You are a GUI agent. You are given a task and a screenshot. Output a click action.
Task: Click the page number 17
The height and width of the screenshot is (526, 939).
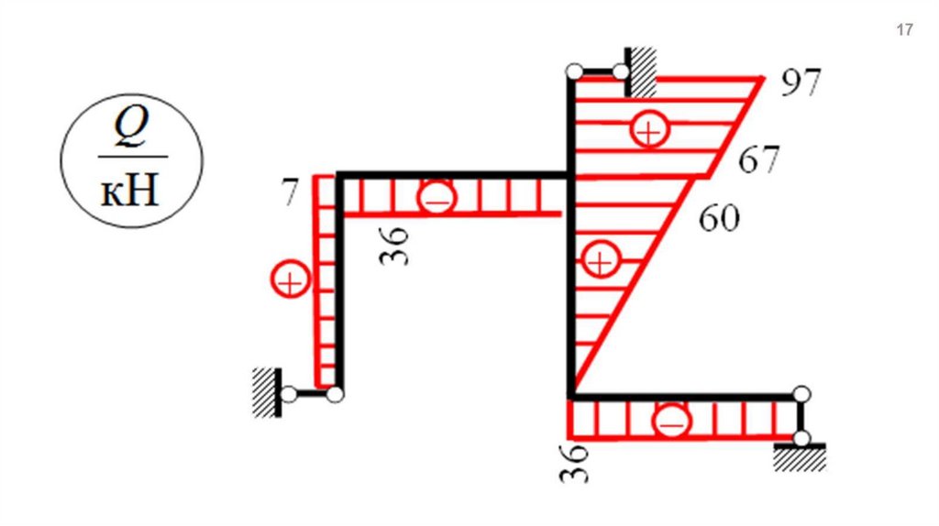[904, 29]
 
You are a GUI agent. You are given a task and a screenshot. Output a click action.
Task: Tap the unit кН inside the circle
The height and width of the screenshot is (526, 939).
[130, 191]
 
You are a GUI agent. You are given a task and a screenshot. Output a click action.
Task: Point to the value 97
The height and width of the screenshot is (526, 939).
[801, 82]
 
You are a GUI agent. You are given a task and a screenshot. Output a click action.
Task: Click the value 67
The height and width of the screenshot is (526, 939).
[758, 159]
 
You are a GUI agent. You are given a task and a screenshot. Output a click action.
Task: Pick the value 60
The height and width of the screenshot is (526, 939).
[719, 218]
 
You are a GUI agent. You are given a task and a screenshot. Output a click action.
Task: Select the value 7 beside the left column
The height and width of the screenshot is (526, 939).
[289, 192]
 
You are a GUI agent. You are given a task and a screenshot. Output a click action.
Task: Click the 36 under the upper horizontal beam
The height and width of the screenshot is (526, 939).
[393, 246]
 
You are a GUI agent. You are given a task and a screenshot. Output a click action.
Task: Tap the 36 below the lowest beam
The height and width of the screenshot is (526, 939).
[574, 463]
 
